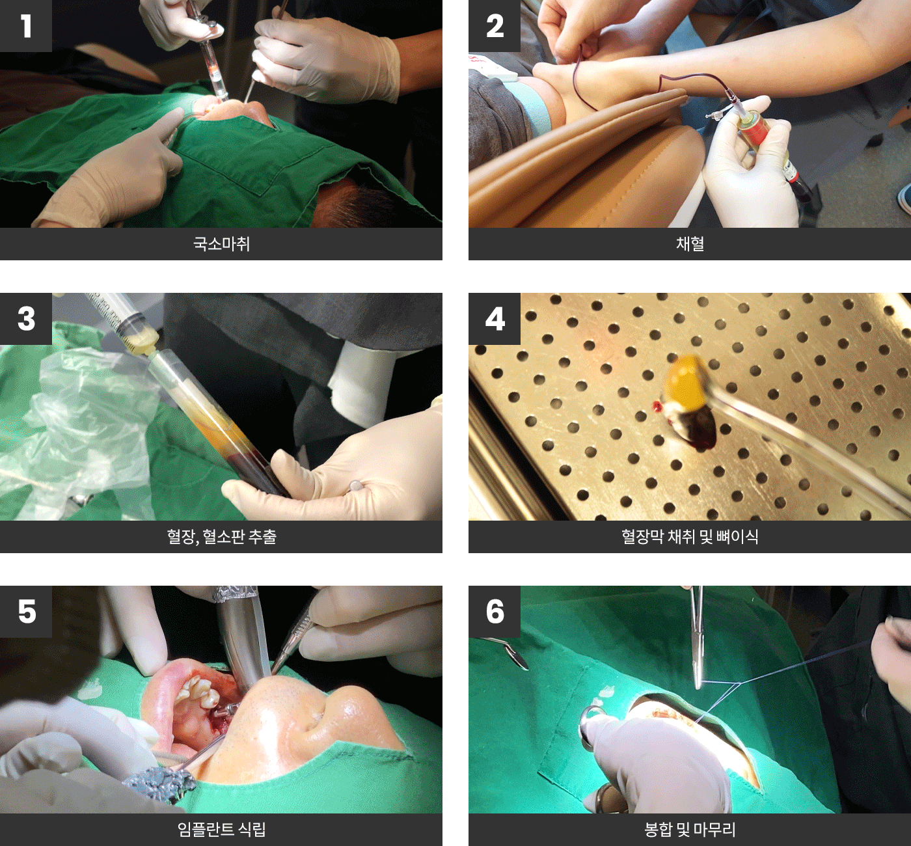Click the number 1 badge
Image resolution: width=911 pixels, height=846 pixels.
click(x=25, y=25)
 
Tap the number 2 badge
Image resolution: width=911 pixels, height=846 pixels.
click(x=495, y=25)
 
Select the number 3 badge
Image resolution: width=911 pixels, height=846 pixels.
click(x=25, y=318)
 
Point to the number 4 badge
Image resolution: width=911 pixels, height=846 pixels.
click(x=495, y=318)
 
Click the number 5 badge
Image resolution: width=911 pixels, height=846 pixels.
click(x=25, y=611)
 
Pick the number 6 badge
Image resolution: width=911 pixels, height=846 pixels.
click(x=495, y=611)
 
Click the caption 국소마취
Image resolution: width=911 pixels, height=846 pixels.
click(x=221, y=243)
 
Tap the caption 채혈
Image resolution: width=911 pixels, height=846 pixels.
click(x=690, y=243)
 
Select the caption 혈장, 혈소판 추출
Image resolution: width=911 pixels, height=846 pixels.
click(x=221, y=536)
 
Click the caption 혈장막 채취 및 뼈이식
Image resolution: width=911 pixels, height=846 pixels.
click(x=690, y=536)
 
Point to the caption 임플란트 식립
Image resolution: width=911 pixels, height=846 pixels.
click(x=221, y=829)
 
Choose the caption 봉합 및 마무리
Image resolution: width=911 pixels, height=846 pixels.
click(x=690, y=829)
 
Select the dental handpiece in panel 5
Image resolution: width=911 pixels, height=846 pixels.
click(x=241, y=642)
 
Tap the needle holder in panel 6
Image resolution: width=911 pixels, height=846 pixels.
click(x=697, y=638)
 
